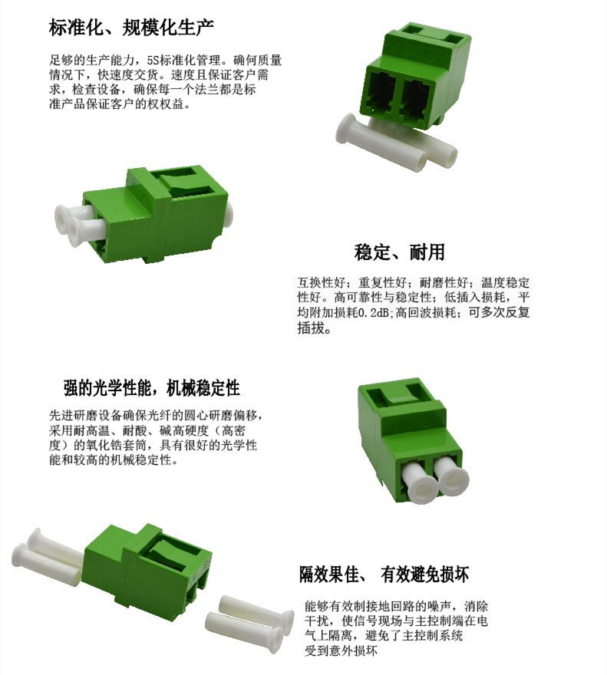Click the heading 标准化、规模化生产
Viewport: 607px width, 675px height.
click(x=131, y=28)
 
